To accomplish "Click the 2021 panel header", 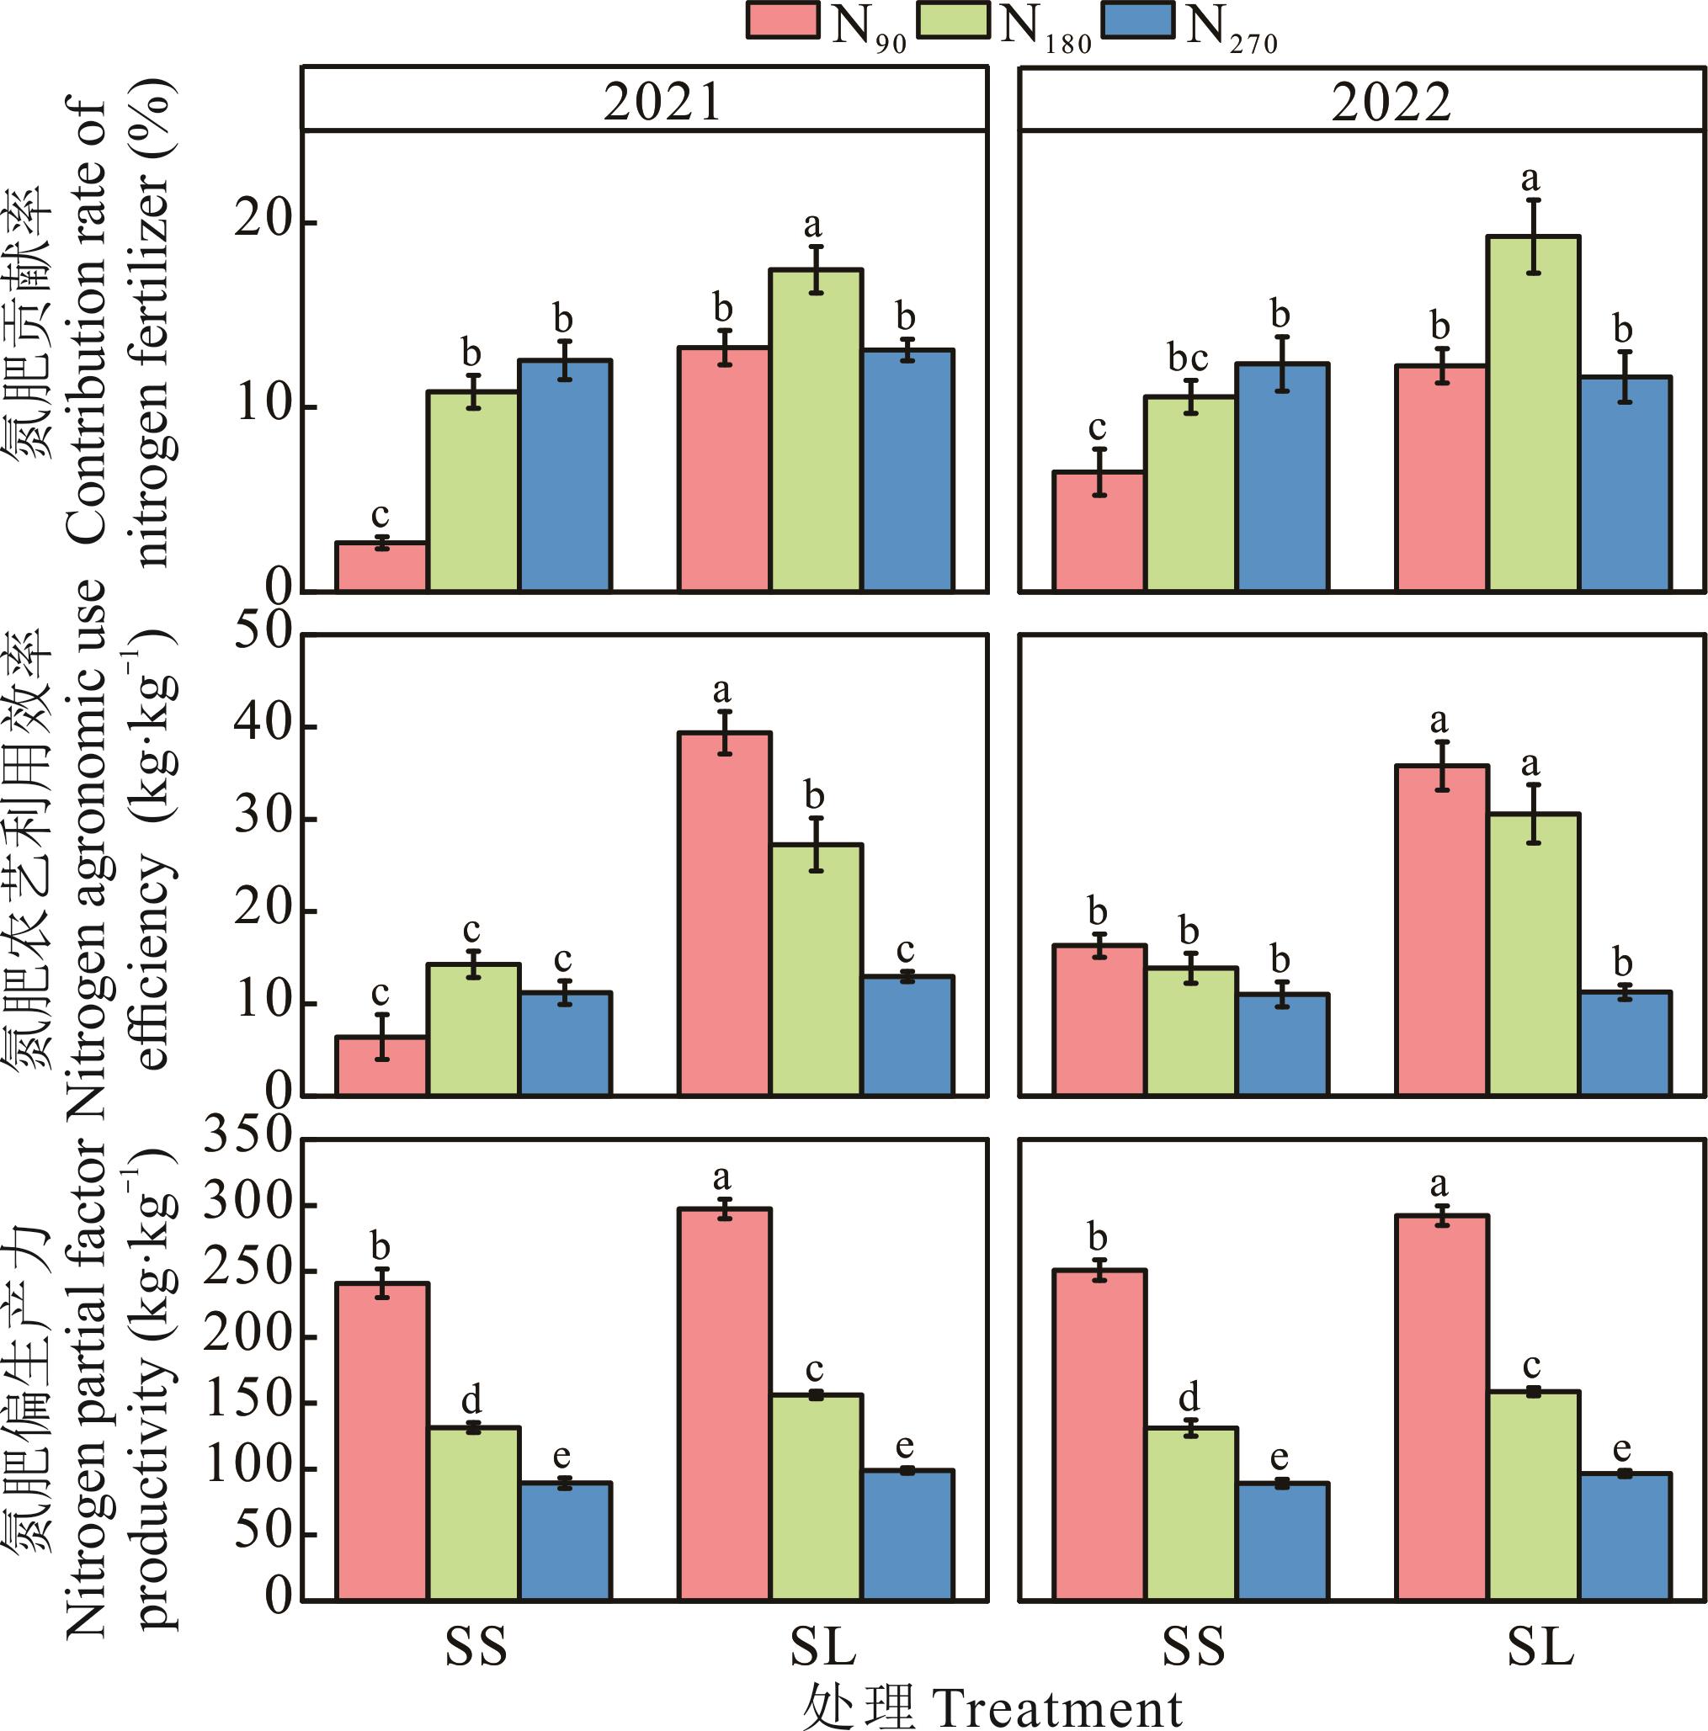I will click(662, 101).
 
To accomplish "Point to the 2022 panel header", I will click(1390, 101).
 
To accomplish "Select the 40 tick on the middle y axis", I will click(263, 725).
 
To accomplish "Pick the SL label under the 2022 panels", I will click(1540, 1646).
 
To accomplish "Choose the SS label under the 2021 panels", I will click(476, 1646).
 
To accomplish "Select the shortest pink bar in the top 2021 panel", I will click(380, 566).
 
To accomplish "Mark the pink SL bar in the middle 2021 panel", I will click(724, 914).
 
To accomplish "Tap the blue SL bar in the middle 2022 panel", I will click(1625, 1043).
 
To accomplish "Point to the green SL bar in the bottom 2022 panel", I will click(1533, 1495).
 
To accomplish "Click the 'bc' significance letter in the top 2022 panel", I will click(1188, 358).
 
